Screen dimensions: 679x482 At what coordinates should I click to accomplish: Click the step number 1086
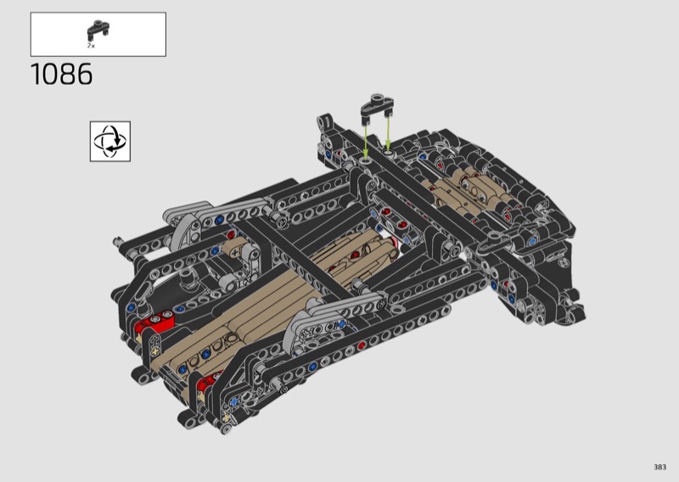coord(61,74)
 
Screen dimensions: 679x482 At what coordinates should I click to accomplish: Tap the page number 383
coord(659,467)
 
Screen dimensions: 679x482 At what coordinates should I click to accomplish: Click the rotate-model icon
coord(110,141)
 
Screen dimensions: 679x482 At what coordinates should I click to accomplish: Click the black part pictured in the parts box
coord(98,30)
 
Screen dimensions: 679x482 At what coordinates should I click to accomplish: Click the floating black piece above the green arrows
coord(377,106)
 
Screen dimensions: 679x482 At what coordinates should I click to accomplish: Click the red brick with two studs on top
coord(155,322)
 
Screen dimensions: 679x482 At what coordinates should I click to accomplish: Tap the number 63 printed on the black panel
coord(563,262)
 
